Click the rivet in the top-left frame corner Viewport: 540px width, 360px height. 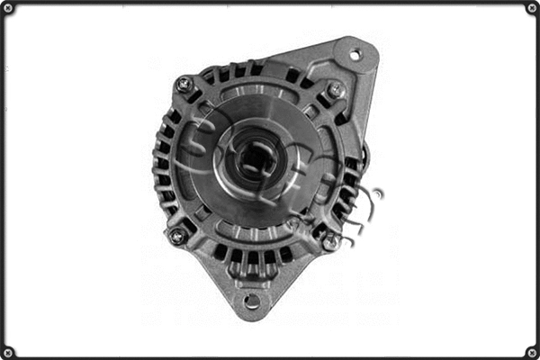click(x=8, y=8)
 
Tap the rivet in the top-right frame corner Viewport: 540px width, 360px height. click(x=532, y=8)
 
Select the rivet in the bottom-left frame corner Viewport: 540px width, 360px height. click(x=8, y=352)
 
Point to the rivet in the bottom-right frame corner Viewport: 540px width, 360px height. click(x=532, y=352)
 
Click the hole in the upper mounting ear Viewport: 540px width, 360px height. click(x=355, y=55)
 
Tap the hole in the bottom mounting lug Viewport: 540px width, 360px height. click(x=252, y=301)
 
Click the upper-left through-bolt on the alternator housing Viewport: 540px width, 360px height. click(x=185, y=85)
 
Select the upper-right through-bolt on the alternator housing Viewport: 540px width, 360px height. click(x=336, y=90)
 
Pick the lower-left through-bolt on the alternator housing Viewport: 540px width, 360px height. click(x=177, y=236)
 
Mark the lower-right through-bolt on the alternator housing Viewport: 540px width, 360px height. click(x=331, y=240)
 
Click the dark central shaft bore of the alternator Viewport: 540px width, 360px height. click(x=256, y=158)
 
